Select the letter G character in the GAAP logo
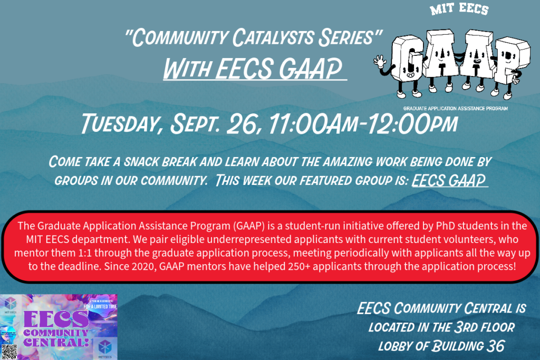[x=409, y=57]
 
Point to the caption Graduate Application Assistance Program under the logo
[x=455, y=108]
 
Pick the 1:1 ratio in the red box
[x=92, y=253]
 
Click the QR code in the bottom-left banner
[x=9, y=352]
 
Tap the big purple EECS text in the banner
[x=56, y=319]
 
